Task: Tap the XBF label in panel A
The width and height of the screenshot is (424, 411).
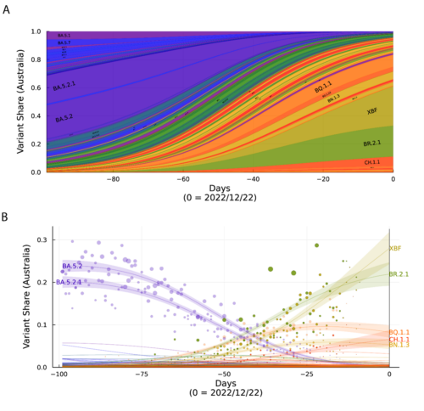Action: point(372,111)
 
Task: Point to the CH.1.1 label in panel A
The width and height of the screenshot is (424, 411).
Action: point(372,161)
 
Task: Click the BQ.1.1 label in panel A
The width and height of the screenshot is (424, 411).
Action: point(323,87)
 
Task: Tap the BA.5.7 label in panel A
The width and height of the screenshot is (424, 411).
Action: point(64,42)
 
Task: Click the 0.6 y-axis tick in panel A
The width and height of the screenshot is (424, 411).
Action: point(34,87)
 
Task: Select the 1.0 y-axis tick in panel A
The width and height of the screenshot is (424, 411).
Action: point(34,31)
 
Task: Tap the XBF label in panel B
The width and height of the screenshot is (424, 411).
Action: point(395,249)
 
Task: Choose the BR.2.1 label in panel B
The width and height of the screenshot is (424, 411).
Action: point(399,274)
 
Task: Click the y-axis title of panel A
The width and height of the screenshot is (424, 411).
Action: point(19,102)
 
